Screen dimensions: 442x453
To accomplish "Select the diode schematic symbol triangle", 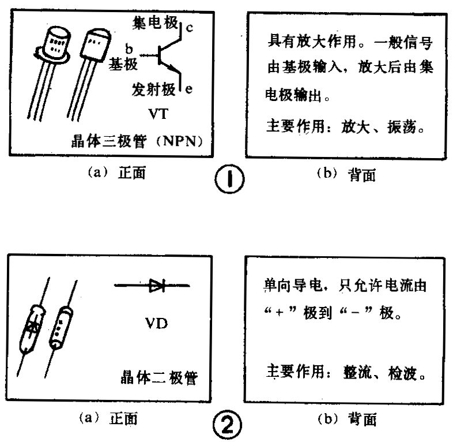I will point(157,285).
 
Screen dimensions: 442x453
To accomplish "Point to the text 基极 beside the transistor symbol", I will point(123,65).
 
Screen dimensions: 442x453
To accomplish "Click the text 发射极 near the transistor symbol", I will point(152,89).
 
